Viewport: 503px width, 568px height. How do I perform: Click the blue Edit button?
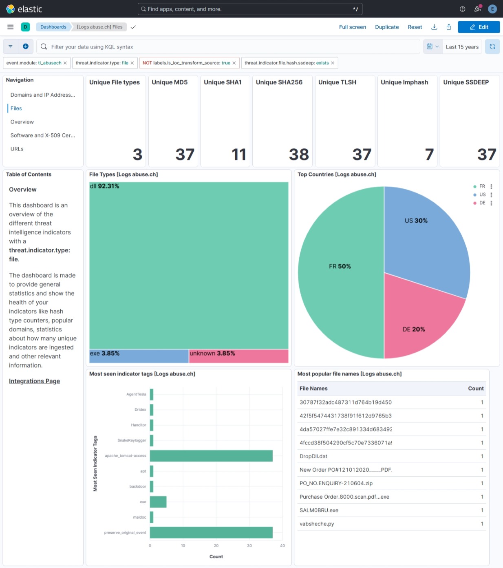pyautogui.click(x=479, y=27)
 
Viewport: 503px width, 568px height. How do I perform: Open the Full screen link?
pyautogui.click(x=352, y=27)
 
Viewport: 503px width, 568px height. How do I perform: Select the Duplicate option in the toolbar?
pyautogui.click(x=386, y=27)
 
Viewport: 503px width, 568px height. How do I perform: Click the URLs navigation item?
pyautogui.click(x=17, y=149)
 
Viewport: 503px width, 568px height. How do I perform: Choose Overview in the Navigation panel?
pyautogui.click(x=22, y=122)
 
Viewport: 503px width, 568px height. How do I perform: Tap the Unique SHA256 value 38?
pyautogui.click(x=299, y=155)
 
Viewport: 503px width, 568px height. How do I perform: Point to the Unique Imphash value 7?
pyautogui.click(x=429, y=155)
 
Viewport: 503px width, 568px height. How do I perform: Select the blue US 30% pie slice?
pyautogui.click(x=424, y=236)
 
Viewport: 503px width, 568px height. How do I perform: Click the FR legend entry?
pyautogui.click(x=482, y=186)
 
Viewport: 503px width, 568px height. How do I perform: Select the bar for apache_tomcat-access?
pyautogui.click(x=211, y=456)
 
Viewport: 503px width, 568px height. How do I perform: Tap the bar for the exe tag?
pyautogui.click(x=158, y=502)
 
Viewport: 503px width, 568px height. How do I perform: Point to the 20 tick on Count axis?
pyautogui.click(x=216, y=546)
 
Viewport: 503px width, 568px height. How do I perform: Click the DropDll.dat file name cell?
pyautogui.click(x=313, y=456)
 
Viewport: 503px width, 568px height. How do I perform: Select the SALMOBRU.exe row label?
pyautogui.click(x=319, y=510)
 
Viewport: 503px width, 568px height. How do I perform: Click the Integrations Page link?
pyautogui.click(x=34, y=381)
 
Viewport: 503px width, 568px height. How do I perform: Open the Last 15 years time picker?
pyautogui.click(x=462, y=47)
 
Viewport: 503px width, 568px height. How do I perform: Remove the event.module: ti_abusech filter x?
pyautogui.click(x=65, y=63)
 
